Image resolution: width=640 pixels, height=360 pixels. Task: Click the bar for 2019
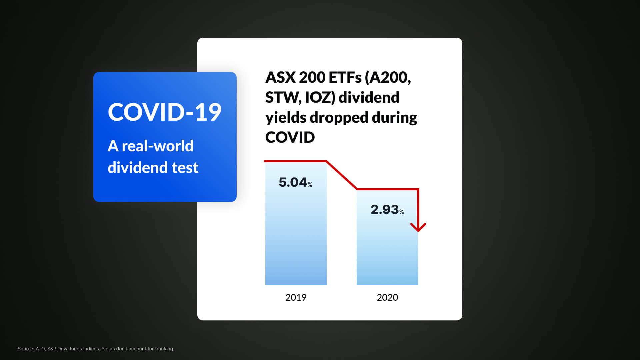tap(296, 223)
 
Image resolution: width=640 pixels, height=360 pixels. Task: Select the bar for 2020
tap(387, 237)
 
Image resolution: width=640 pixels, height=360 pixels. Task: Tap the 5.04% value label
tap(295, 182)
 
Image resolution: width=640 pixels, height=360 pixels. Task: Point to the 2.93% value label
tap(387, 210)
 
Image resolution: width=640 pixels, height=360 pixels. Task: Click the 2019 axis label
tap(296, 297)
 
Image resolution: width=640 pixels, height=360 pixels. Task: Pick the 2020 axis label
tap(387, 297)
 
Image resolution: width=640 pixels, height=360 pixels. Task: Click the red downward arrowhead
tap(418, 227)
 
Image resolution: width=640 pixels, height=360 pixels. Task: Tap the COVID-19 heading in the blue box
tap(165, 112)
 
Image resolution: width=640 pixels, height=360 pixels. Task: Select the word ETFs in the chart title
tap(345, 77)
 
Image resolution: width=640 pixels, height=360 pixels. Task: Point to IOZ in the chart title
tap(320, 98)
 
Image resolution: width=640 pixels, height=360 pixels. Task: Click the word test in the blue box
tap(185, 168)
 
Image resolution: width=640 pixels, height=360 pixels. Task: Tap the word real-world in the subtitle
tap(158, 146)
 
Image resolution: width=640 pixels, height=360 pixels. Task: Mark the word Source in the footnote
tap(26, 349)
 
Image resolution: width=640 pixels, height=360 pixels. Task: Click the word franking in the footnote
tap(164, 349)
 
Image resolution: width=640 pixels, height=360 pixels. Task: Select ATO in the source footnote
tap(41, 349)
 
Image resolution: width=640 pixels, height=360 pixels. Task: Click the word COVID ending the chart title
tap(290, 137)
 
